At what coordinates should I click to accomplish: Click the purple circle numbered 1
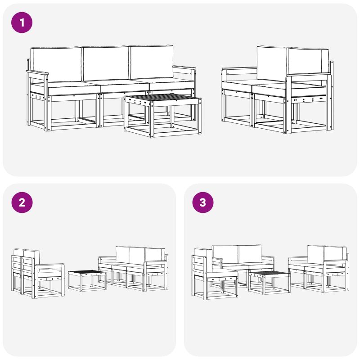pyautogui.click(x=22, y=22)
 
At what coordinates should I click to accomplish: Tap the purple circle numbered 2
pyautogui.click(x=22, y=202)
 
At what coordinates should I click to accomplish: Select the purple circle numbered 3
pyautogui.click(x=203, y=202)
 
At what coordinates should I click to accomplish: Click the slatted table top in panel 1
pyautogui.click(x=162, y=99)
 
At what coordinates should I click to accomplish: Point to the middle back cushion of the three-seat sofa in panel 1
pyautogui.click(x=106, y=63)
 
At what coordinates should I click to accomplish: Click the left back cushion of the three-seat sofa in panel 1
pyautogui.click(x=56, y=64)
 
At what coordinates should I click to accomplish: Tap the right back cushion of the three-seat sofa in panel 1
pyautogui.click(x=151, y=62)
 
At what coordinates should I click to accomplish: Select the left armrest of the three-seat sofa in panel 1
pyautogui.click(x=37, y=73)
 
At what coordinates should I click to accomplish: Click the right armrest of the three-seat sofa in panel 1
pyautogui.click(x=184, y=68)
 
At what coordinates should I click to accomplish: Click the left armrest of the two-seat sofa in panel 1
pyautogui.click(x=239, y=68)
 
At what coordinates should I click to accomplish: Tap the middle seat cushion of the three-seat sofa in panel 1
pyautogui.click(x=124, y=86)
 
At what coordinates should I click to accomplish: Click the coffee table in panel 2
pyautogui.click(x=87, y=281)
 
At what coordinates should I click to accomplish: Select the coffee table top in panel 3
pyautogui.click(x=269, y=274)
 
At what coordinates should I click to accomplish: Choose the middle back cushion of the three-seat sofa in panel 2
pyautogui.click(x=137, y=255)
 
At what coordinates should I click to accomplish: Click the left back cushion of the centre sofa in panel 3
pyautogui.click(x=225, y=254)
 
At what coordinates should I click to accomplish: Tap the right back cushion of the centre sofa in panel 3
pyautogui.click(x=250, y=254)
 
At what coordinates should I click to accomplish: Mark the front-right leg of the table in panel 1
pyautogui.click(x=199, y=116)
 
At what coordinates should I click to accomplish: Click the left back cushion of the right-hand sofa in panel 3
pyautogui.click(x=316, y=255)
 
